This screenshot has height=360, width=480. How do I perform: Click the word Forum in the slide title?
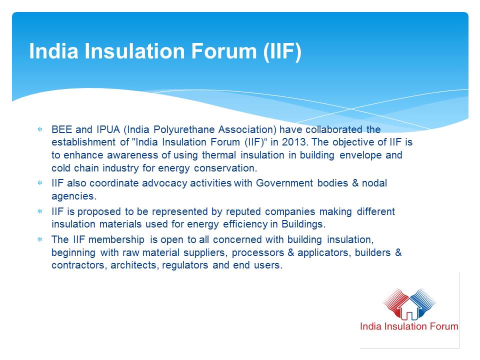click(x=224, y=51)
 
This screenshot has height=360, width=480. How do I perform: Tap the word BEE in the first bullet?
click(x=61, y=129)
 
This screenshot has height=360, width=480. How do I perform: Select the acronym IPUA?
click(x=108, y=129)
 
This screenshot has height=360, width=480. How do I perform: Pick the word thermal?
click(x=219, y=155)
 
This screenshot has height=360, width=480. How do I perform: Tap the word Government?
click(x=284, y=183)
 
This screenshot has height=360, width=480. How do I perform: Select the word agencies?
click(x=74, y=196)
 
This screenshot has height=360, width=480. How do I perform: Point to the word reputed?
click(x=243, y=212)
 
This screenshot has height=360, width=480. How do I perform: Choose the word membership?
click(x=116, y=239)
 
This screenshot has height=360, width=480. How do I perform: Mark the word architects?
click(x=134, y=265)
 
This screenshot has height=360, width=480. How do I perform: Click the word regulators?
click(x=185, y=265)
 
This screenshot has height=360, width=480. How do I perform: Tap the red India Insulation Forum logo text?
click(x=409, y=326)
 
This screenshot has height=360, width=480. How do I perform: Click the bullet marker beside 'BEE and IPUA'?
click(x=40, y=129)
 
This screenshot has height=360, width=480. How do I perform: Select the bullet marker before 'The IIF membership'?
click(x=40, y=239)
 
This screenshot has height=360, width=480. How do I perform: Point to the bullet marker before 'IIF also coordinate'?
click(x=40, y=183)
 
